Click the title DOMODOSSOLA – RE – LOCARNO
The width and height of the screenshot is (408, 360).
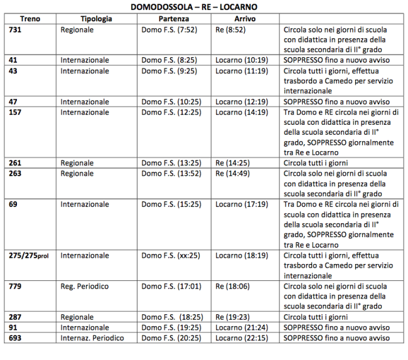click(x=194, y=7)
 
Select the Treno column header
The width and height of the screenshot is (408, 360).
click(x=30, y=19)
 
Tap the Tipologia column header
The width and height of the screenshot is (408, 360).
click(x=97, y=19)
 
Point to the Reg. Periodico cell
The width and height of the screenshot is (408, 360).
click(x=85, y=287)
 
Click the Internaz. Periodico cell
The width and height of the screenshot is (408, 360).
click(x=92, y=338)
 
